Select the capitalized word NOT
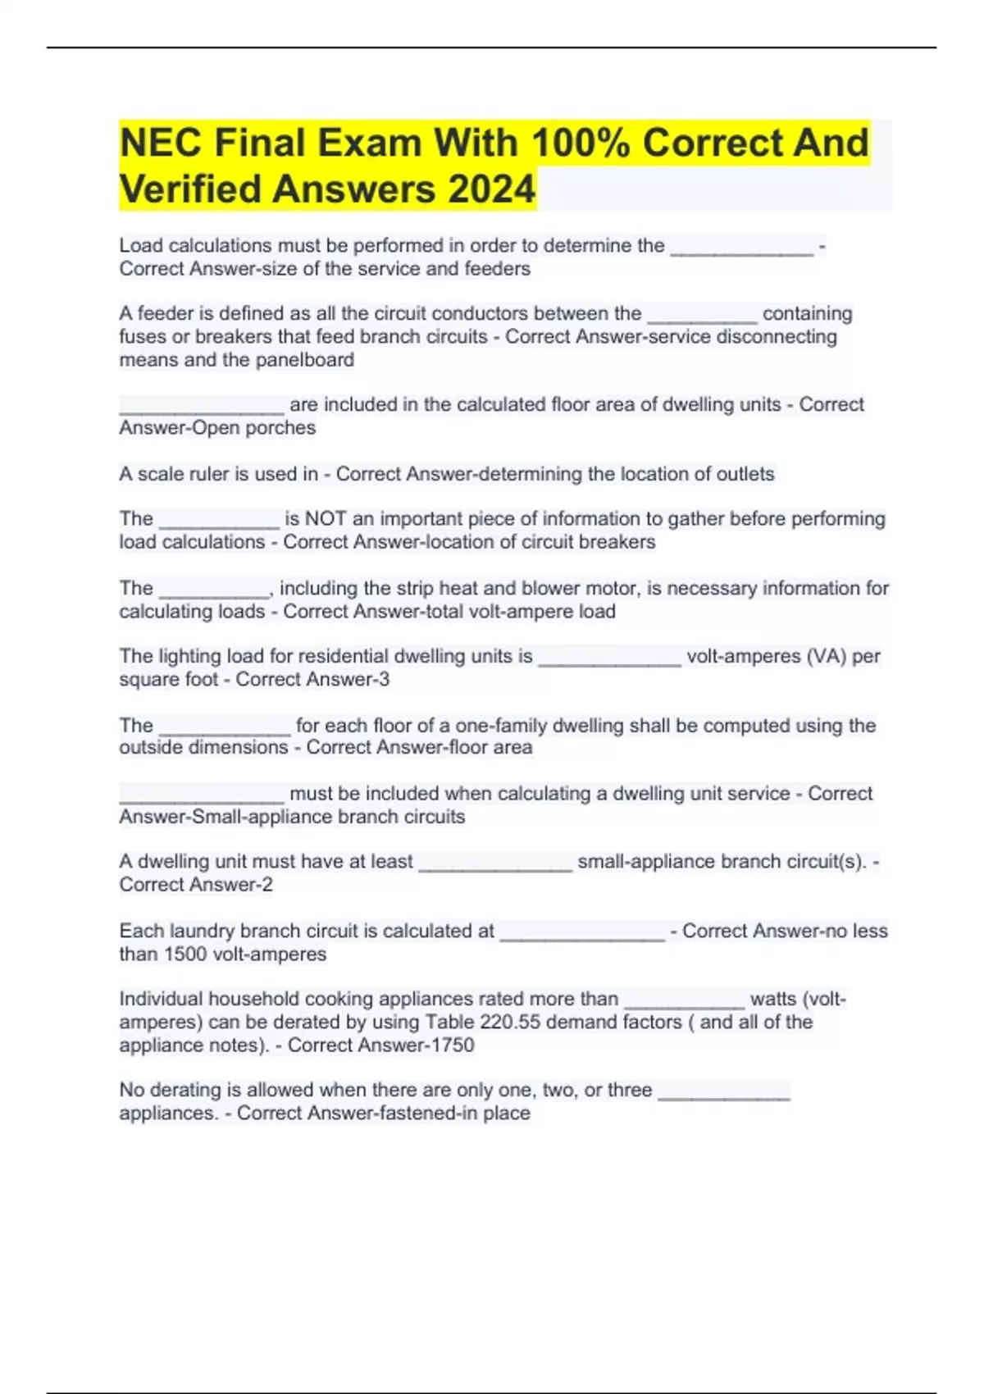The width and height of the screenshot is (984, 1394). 326,518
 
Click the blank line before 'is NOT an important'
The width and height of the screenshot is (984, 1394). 219,525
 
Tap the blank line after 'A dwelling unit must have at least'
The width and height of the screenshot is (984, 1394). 494,868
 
